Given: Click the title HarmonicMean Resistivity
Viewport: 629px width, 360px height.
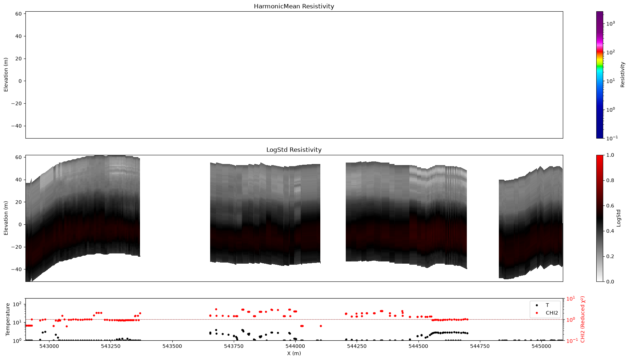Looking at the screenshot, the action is coord(294,6).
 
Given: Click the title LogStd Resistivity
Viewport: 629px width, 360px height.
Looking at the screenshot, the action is coord(294,150).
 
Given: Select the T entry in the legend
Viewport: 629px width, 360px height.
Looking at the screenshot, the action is coord(547,305).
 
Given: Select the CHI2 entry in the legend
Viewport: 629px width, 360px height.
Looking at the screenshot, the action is coord(552,313).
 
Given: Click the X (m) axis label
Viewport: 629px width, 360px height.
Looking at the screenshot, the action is coord(294,353).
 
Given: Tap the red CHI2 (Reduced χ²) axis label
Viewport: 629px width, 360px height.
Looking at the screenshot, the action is coord(583,320).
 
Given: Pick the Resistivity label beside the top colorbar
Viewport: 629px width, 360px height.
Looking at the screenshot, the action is coord(622,75).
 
